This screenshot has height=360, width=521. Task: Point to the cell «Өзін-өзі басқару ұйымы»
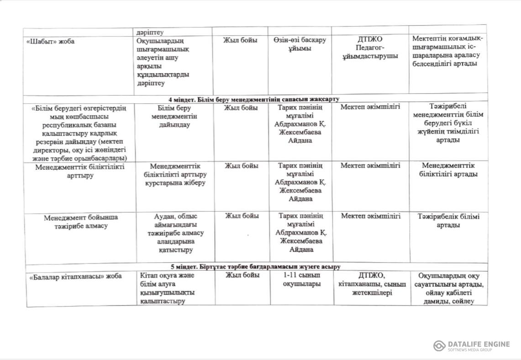(x=300, y=44)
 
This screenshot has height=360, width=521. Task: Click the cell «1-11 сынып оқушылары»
(x=302, y=280)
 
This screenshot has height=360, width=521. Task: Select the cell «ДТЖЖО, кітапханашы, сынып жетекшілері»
(x=370, y=284)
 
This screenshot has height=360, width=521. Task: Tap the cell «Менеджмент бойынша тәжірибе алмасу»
(x=81, y=222)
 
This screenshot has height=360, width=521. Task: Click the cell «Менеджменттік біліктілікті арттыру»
(x=80, y=171)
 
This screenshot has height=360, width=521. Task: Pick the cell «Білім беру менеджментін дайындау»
(x=174, y=116)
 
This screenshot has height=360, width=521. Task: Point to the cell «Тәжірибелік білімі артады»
(x=448, y=221)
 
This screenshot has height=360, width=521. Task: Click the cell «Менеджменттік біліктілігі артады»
(x=448, y=169)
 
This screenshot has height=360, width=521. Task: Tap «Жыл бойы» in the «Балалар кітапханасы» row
(x=242, y=275)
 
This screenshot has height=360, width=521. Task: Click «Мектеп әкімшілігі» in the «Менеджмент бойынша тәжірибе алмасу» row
(x=370, y=216)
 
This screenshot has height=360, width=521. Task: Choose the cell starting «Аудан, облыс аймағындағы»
(x=175, y=233)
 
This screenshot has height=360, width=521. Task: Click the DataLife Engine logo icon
(x=439, y=346)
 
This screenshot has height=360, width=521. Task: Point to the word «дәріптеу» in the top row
(x=150, y=32)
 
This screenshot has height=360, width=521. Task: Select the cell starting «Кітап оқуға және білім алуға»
(x=168, y=288)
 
